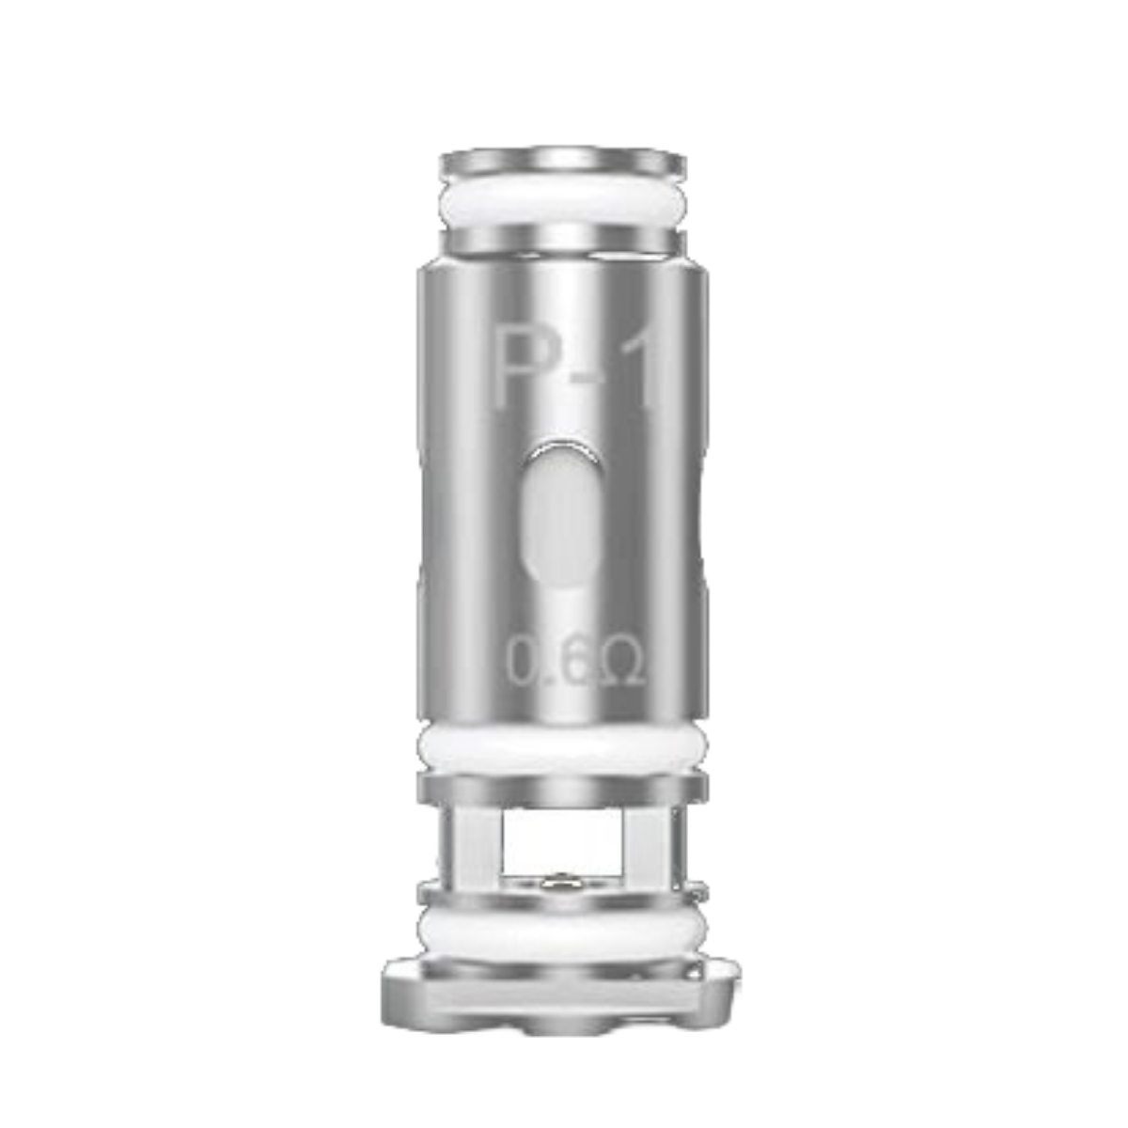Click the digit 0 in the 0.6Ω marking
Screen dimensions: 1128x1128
524,663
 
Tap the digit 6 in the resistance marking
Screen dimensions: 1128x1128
575,663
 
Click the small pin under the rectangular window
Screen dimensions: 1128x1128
556,883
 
